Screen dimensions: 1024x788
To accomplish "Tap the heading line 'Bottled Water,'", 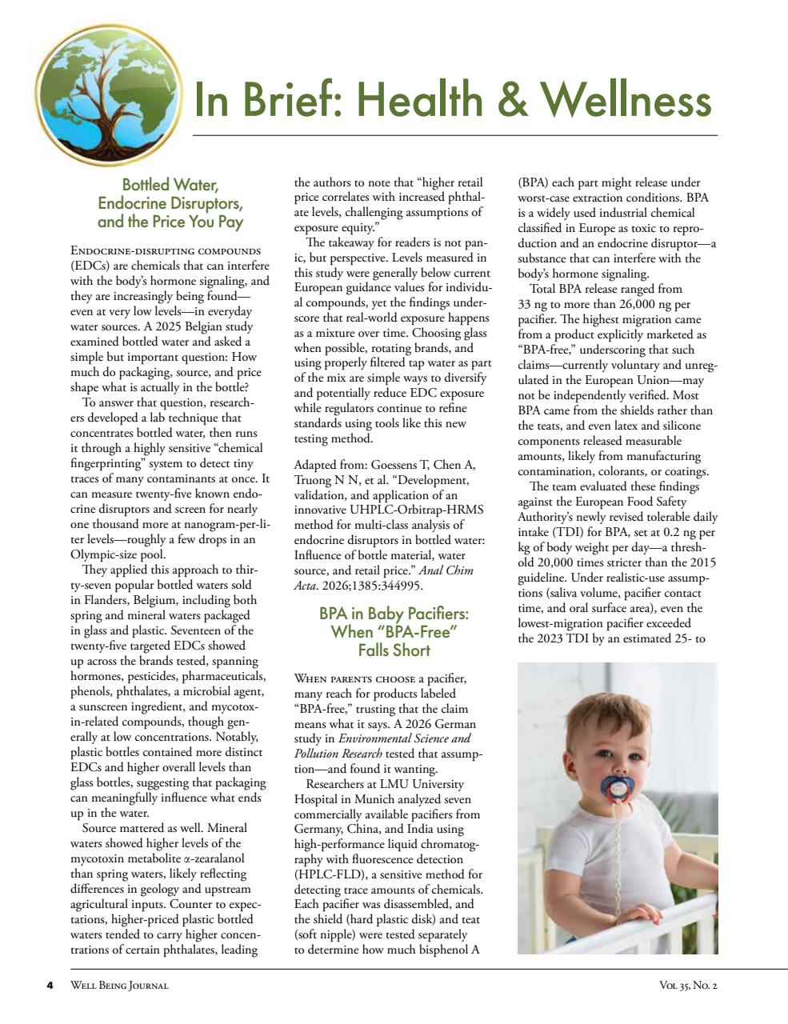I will coord(170,186).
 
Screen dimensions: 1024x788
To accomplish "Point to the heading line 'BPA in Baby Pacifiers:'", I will coord(394,614).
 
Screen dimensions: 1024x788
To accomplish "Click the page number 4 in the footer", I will coord(50,985).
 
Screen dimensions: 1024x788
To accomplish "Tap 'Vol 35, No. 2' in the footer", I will coord(683,985).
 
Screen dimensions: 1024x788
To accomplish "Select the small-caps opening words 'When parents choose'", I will coord(354,678).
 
